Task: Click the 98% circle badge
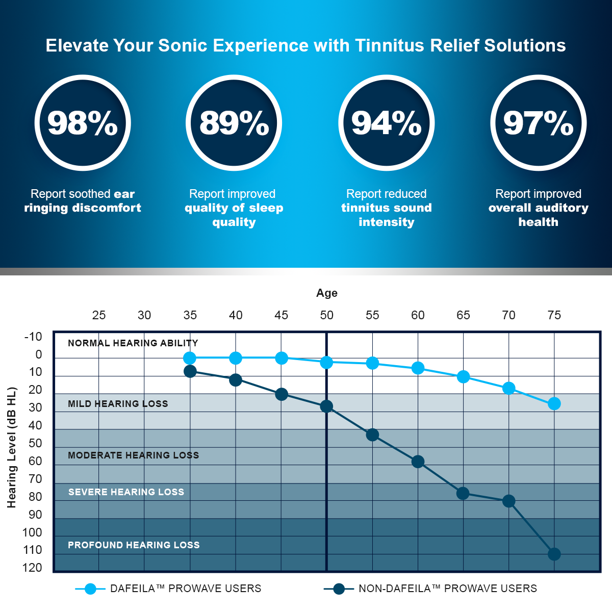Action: tap(83, 123)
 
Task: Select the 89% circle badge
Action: tap(234, 123)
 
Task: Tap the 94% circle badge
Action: tap(386, 123)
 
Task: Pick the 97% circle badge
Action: tap(538, 123)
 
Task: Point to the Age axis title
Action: tap(327, 293)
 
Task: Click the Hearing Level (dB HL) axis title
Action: tap(12, 447)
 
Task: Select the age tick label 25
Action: tap(99, 315)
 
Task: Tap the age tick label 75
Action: tap(554, 315)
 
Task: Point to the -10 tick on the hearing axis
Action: tap(33, 337)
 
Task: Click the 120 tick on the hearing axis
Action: tap(32, 568)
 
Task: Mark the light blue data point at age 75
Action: tap(554, 404)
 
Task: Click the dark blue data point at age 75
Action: tap(554, 554)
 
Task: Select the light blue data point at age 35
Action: tap(190, 358)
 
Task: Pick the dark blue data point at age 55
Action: tap(372, 435)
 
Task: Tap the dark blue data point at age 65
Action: tap(463, 493)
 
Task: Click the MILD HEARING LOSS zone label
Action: tap(118, 404)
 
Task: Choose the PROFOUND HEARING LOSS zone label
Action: tap(134, 545)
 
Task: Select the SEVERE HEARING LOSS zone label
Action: tap(126, 492)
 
